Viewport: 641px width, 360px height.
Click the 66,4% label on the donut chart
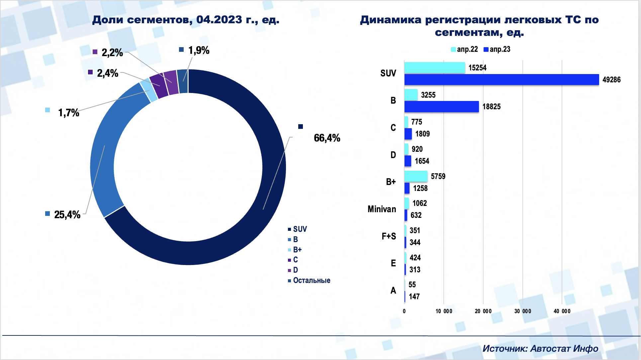tap(327, 138)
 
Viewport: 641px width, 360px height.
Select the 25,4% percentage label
tap(67, 215)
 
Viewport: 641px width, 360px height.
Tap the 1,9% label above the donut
tap(199, 50)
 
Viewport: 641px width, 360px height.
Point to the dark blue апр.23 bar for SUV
tap(502, 80)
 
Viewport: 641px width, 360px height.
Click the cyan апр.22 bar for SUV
tap(434, 68)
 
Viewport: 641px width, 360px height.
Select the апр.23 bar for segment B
tap(441, 107)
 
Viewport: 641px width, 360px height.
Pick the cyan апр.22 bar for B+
tap(416, 176)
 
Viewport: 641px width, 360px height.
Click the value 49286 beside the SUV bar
tap(611, 80)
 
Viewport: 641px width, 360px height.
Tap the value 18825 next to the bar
tap(491, 107)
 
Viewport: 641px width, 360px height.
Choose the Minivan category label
tap(382, 209)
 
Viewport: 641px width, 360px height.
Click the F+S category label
tap(389, 236)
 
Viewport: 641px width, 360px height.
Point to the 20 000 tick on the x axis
tap(483, 311)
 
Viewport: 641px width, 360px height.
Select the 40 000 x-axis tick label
tap(562, 311)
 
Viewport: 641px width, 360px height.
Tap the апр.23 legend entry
tap(497, 49)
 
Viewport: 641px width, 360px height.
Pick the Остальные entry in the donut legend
tap(311, 280)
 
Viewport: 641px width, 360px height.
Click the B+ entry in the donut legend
tap(297, 250)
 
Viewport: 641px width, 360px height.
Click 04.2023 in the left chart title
tap(219, 20)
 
